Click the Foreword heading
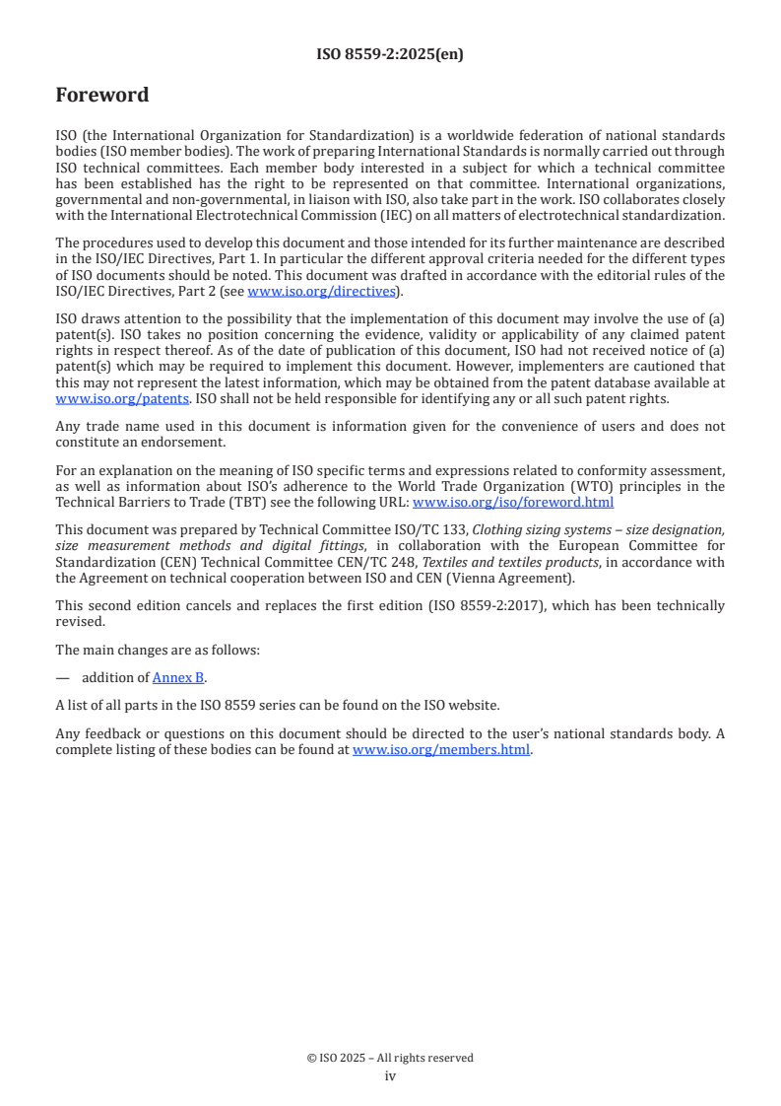coord(102,96)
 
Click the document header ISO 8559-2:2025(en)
coord(390,55)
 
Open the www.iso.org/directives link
coord(320,291)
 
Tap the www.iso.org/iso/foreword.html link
coord(512,501)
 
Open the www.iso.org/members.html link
coord(441,749)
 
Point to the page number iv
coord(390,1075)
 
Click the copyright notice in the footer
coord(390,1058)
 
